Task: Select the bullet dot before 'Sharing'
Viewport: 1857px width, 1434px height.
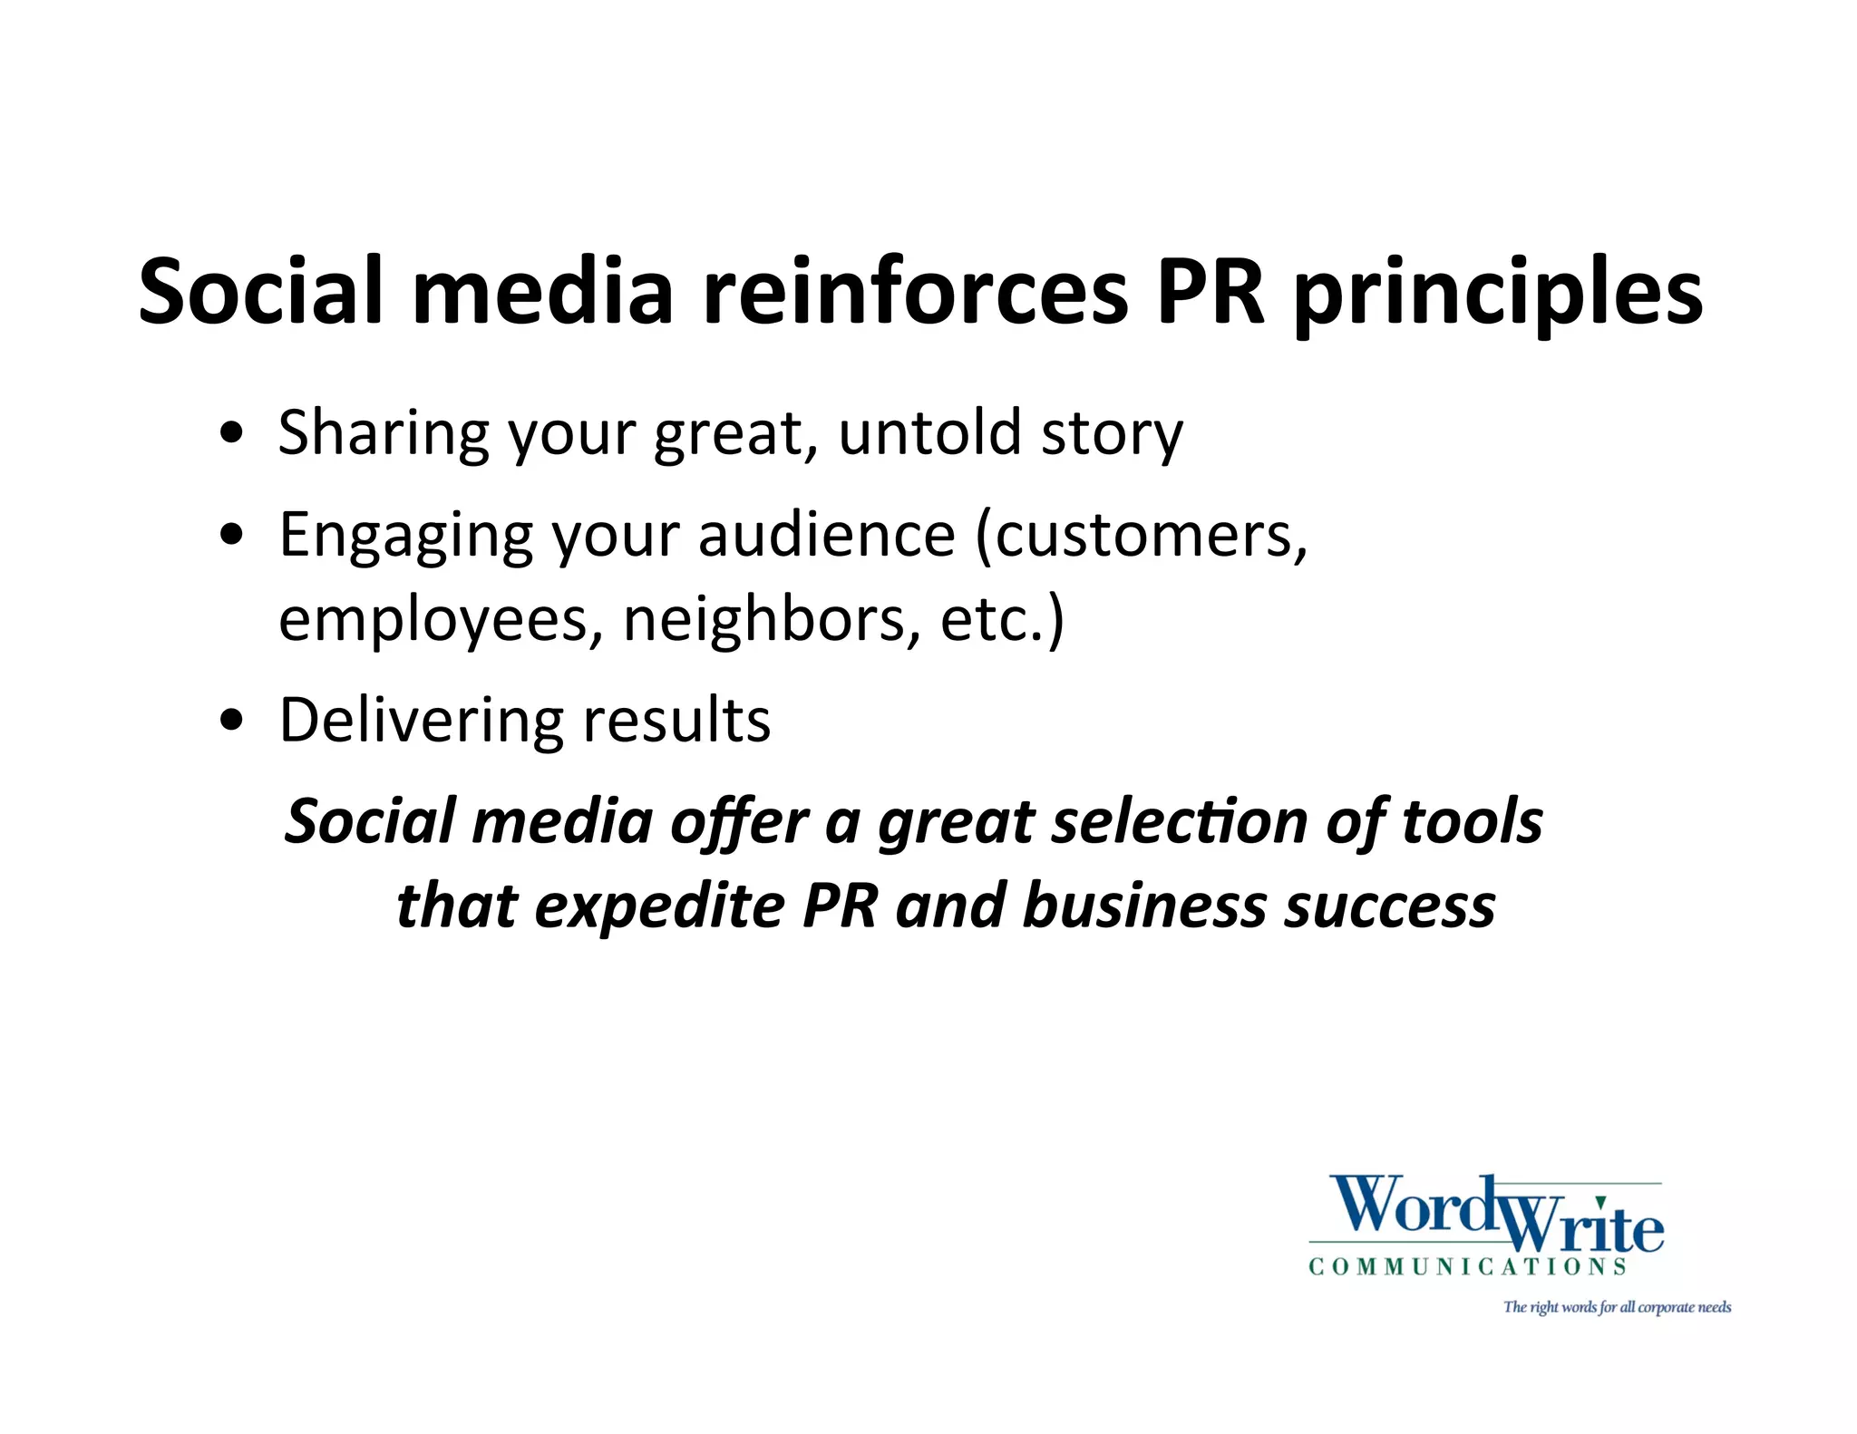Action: (x=232, y=432)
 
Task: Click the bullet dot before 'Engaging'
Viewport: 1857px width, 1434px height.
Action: (x=232, y=535)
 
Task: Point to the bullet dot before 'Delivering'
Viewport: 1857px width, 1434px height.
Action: (x=232, y=721)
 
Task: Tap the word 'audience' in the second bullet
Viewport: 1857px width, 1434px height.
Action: (x=826, y=535)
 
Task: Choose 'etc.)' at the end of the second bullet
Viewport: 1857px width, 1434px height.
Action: (x=1002, y=621)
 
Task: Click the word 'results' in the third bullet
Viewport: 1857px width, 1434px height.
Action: (x=676, y=721)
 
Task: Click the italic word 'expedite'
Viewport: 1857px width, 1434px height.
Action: (x=659, y=906)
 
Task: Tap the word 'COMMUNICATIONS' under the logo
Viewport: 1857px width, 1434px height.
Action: (x=1467, y=1266)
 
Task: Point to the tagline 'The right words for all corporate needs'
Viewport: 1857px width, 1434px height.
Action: (x=1617, y=1307)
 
